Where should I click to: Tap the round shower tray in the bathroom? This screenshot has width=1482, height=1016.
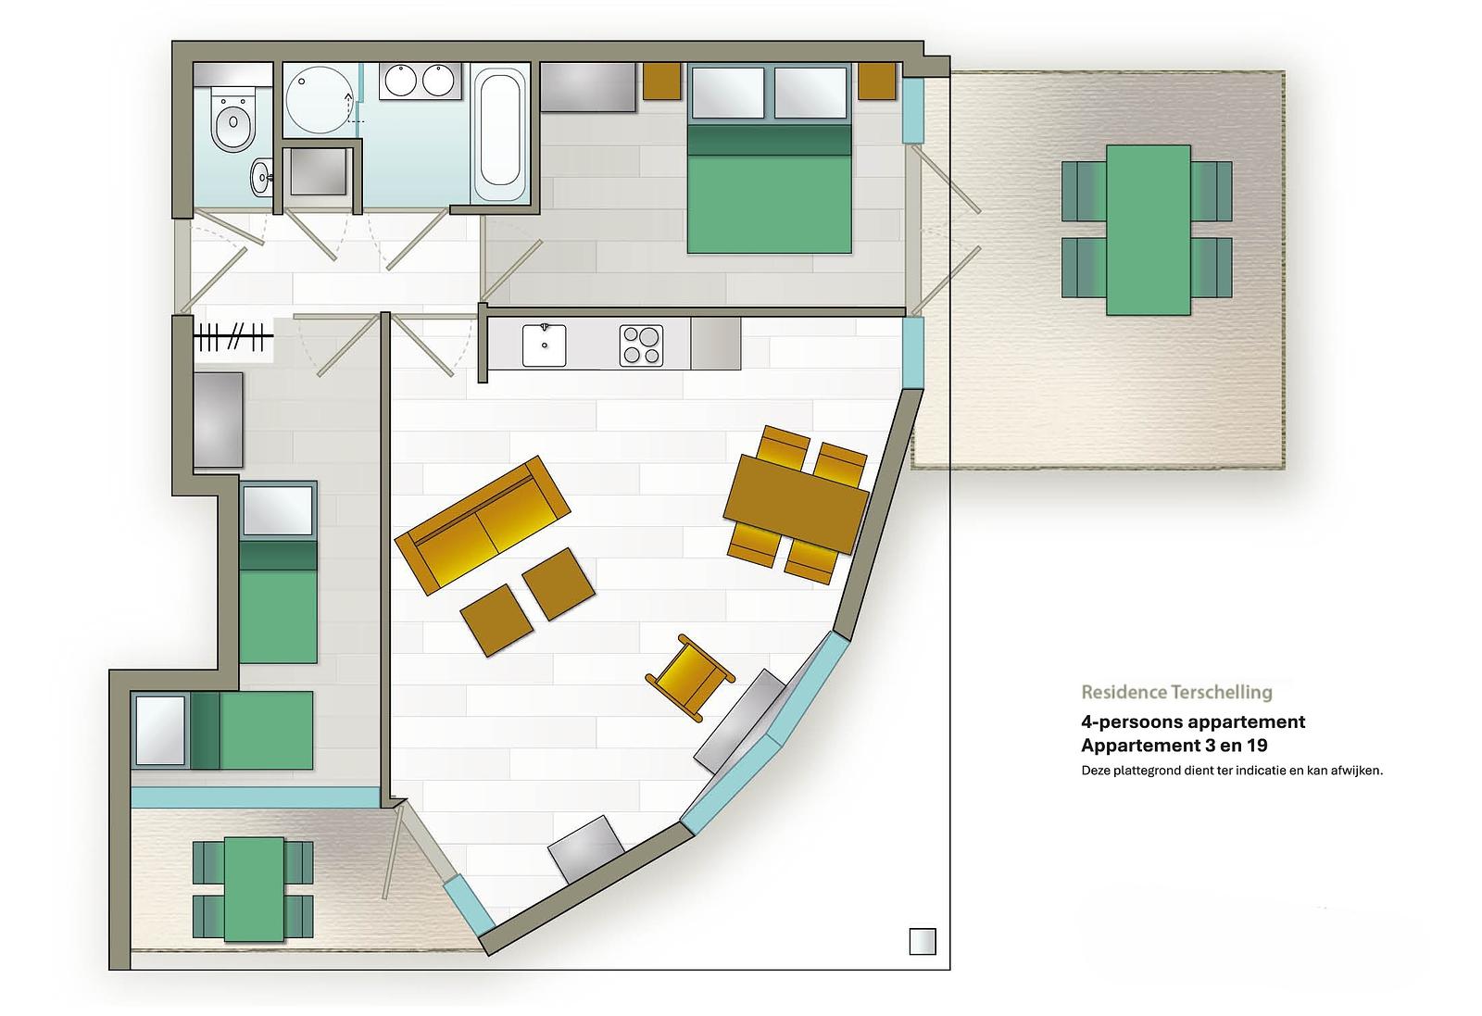[x=320, y=99]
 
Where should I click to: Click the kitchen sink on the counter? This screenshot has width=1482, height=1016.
[x=544, y=345]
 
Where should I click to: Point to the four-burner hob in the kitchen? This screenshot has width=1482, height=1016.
[x=641, y=345]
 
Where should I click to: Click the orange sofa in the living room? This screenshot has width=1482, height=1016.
[x=483, y=525]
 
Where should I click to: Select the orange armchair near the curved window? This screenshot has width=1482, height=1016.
[x=690, y=677]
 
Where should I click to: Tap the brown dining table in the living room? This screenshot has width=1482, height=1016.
[x=796, y=504]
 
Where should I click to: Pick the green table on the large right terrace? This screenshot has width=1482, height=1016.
[x=1148, y=230]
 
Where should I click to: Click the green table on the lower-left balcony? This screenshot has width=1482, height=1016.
[x=254, y=889]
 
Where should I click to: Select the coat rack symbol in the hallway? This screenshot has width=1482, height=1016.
[x=233, y=337]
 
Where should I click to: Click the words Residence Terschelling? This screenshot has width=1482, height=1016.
[x=1176, y=692]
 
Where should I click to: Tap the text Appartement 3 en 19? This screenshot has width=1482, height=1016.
[x=1174, y=746]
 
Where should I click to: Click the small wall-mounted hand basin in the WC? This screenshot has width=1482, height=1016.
[x=261, y=177]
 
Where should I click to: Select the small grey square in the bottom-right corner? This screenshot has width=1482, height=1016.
[x=923, y=941]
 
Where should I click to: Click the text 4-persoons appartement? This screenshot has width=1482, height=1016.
[x=1193, y=721]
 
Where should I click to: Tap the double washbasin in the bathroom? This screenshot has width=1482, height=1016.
[x=420, y=81]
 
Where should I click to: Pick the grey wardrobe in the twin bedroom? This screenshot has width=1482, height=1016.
[x=218, y=420]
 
